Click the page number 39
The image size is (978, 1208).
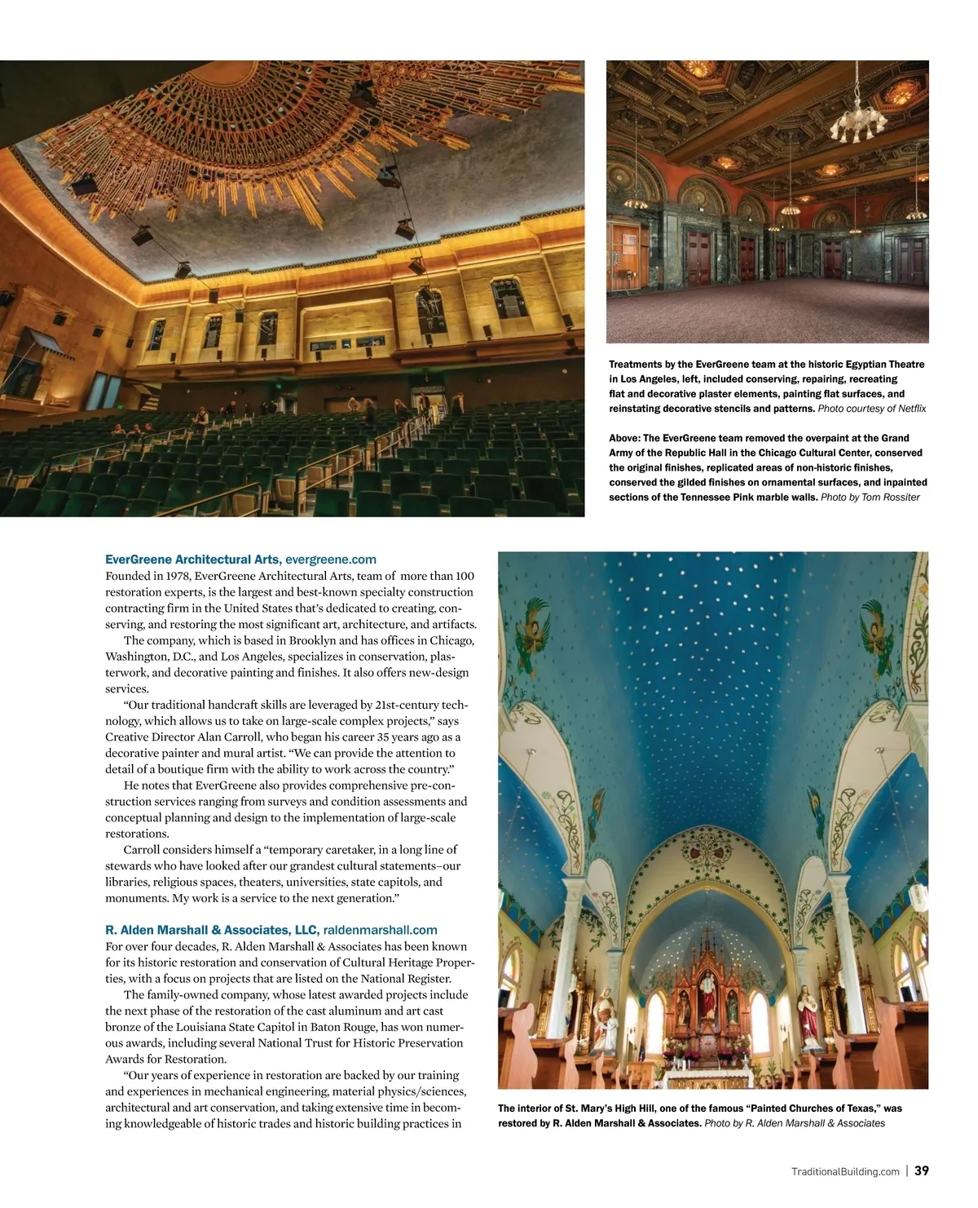click(921, 1170)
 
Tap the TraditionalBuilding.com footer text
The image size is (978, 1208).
click(845, 1171)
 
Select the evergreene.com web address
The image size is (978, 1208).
click(331, 560)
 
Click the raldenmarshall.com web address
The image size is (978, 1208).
click(380, 930)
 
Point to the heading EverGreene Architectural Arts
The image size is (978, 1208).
click(193, 560)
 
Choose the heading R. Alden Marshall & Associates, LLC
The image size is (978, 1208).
click(211, 930)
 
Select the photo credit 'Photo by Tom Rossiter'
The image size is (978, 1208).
click(870, 497)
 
